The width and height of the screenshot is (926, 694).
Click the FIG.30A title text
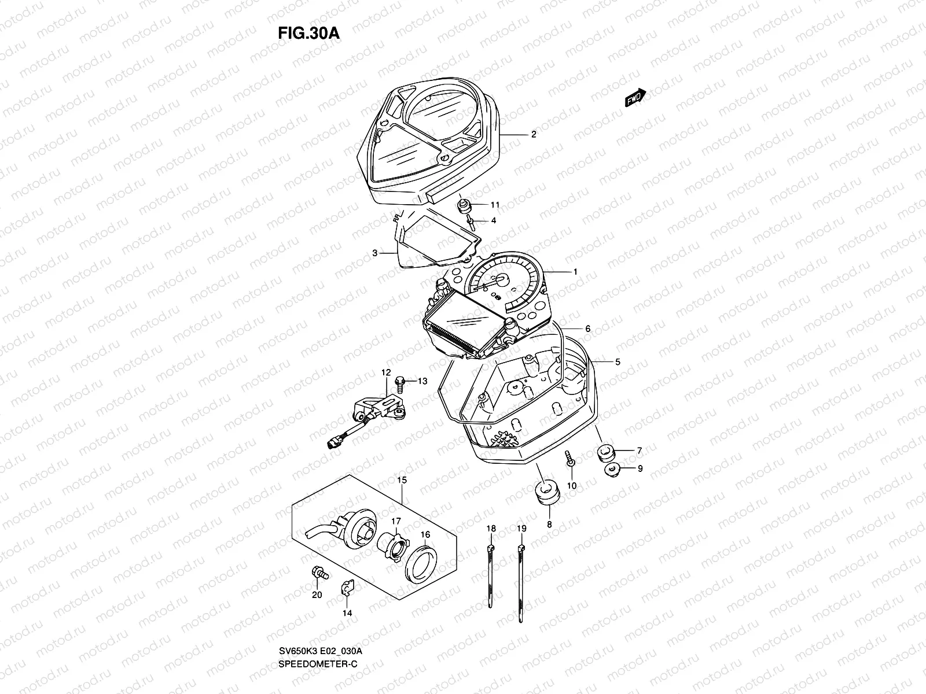pyautogui.click(x=308, y=33)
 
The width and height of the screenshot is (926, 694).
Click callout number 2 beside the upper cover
pyautogui.click(x=534, y=134)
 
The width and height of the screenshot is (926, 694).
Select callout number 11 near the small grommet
pyautogui.click(x=495, y=205)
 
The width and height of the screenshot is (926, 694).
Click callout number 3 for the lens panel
pyautogui.click(x=375, y=253)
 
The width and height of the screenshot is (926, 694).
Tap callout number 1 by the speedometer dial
pyautogui.click(x=575, y=271)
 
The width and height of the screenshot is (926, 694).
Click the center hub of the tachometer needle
pyautogui.click(x=499, y=280)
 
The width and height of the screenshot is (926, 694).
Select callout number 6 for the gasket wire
pyautogui.click(x=587, y=328)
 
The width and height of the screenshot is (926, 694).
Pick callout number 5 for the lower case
pyautogui.click(x=618, y=362)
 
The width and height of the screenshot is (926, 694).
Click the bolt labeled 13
pyautogui.click(x=400, y=381)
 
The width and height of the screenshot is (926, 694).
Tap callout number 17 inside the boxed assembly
pyautogui.click(x=395, y=522)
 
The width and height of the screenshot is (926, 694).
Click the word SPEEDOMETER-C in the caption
pyautogui.click(x=318, y=632)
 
